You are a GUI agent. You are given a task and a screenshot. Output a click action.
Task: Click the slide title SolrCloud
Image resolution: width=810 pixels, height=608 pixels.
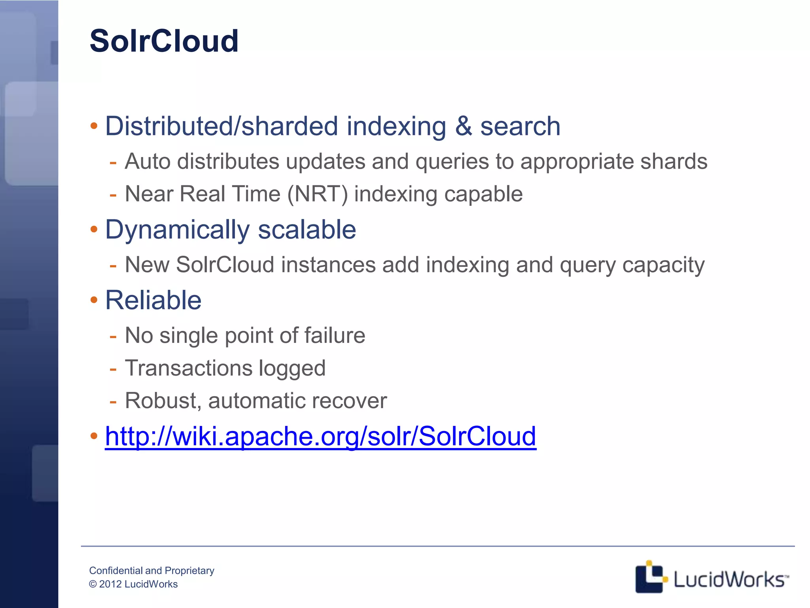pos(164,41)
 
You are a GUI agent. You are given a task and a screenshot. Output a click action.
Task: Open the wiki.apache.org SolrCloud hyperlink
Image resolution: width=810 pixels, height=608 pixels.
pos(320,436)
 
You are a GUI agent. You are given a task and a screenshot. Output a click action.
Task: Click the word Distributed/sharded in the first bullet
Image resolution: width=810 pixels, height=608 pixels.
pos(221,126)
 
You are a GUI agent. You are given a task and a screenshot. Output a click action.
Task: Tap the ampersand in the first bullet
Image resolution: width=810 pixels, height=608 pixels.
pos(463,126)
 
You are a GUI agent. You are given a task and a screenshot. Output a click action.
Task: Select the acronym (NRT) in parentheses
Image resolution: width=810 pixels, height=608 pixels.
pos(318,194)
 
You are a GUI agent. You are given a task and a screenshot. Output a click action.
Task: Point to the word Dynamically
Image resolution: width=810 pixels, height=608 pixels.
pos(177,230)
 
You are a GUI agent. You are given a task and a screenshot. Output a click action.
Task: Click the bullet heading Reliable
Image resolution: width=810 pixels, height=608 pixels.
pos(153,300)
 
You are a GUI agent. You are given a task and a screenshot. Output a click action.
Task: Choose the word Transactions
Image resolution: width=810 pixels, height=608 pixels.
pos(189,368)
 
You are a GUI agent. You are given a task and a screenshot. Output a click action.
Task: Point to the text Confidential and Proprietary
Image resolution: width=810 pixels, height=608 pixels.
pos(151,570)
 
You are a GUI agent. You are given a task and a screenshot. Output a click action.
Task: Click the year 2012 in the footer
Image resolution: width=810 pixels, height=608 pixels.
pos(110,584)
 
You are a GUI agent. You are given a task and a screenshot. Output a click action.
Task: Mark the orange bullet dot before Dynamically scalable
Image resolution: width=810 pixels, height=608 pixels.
pos(94,230)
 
